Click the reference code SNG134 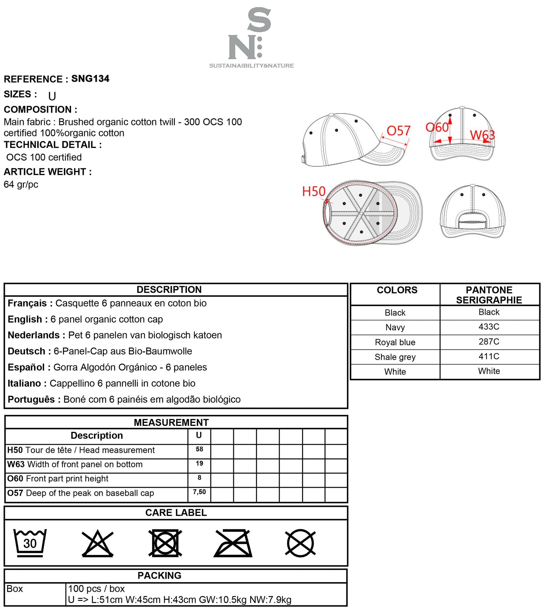(90, 78)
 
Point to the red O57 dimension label (398, 131)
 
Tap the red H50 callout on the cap (314, 192)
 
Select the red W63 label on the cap (482, 135)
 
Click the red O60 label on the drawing (437, 128)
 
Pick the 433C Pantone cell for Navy (489, 327)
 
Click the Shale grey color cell (395, 357)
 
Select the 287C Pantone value (489, 342)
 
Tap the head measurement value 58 (199, 449)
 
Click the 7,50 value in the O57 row (199, 492)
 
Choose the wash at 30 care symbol (30, 543)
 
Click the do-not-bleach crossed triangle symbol (98, 543)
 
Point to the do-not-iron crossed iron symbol (233, 543)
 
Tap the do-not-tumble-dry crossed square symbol (165, 543)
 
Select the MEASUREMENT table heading (171, 422)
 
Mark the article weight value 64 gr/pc (21, 184)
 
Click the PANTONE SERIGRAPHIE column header (489, 295)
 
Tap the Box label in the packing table (15, 589)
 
